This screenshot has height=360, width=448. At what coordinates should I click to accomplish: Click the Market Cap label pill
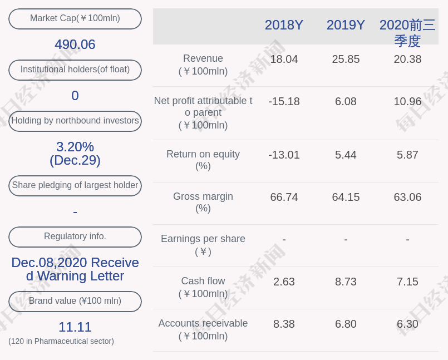pyautogui.click(x=75, y=18)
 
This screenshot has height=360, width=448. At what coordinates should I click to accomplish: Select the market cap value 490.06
pyautogui.click(x=75, y=45)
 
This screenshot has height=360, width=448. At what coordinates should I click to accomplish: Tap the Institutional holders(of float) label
pyautogui.click(x=75, y=70)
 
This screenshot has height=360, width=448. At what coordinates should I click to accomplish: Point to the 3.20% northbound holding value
pyautogui.click(x=75, y=147)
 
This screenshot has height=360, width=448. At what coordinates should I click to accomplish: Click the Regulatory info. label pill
pyautogui.click(x=75, y=236)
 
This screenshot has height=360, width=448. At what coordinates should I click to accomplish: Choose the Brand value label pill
pyautogui.click(x=75, y=301)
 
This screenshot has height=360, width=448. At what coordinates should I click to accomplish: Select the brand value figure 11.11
pyautogui.click(x=75, y=327)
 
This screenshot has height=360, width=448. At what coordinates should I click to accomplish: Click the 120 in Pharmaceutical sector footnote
pyautogui.click(x=61, y=341)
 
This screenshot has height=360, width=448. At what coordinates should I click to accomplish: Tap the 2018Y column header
pyautogui.click(x=284, y=25)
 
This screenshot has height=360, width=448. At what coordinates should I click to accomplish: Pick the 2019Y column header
pyautogui.click(x=346, y=25)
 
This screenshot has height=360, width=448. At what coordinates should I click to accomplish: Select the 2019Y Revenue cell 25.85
pyautogui.click(x=346, y=59)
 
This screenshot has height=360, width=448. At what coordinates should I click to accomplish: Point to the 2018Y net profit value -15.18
pyautogui.click(x=284, y=101)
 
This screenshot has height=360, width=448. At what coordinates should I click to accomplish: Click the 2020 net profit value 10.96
pyautogui.click(x=407, y=101)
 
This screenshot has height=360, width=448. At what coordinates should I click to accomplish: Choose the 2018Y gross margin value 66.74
pyautogui.click(x=284, y=197)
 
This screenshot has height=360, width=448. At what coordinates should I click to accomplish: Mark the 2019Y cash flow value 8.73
pyautogui.click(x=346, y=282)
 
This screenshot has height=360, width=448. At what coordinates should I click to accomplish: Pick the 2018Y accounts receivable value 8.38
pyautogui.click(x=284, y=324)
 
